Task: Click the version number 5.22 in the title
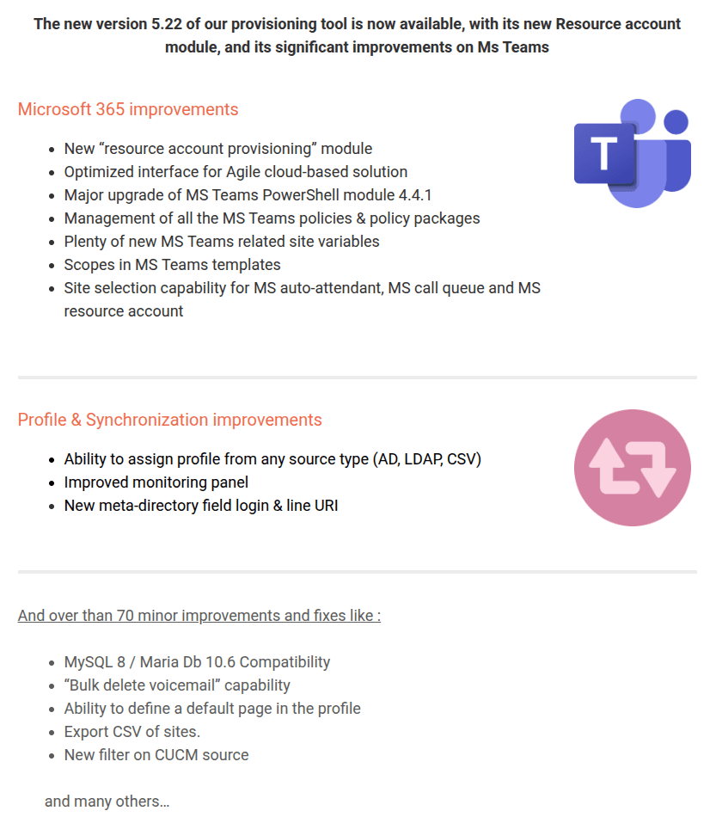(x=167, y=23)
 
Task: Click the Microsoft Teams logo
(x=632, y=152)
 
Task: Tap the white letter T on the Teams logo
(x=604, y=155)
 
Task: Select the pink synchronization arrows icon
(x=632, y=467)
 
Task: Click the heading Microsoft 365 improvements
(x=128, y=109)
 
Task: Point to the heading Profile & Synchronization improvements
(x=169, y=420)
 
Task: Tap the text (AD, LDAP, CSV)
(x=426, y=459)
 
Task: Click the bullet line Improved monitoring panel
(x=156, y=482)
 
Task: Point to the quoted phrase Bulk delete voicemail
(x=142, y=685)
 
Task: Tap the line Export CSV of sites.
(x=132, y=732)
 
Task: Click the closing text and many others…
(x=107, y=802)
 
